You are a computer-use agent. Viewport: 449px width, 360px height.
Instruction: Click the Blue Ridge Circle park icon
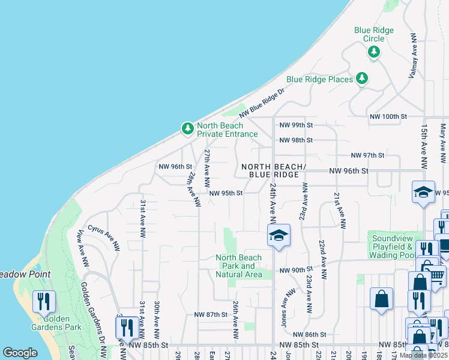pyautogui.click(x=374, y=52)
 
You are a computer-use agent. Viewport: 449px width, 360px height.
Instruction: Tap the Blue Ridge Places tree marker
pyautogui.click(x=361, y=79)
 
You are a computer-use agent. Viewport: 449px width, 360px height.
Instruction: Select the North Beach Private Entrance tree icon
pyautogui.click(x=188, y=128)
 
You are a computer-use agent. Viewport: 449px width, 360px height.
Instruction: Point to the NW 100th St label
pyautogui.click(x=388, y=116)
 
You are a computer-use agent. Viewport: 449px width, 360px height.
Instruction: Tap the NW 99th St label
pyautogui.click(x=296, y=125)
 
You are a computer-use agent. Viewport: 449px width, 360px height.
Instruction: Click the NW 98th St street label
pyautogui.click(x=296, y=140)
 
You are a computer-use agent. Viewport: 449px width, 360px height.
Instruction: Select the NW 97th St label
pyautogui.click(x=367, y=155)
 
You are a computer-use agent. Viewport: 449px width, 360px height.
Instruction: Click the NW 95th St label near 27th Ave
pyautogui.click(x=226, y=193)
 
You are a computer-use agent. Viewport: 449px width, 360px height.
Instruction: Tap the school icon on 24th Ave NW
pyautogui.click(x=279, y=235)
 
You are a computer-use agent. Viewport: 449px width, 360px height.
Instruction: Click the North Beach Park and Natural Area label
pyautogui.click(x=239, y=266)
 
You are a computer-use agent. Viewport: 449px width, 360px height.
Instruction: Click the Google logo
pyautogui.click(x=20, y=353)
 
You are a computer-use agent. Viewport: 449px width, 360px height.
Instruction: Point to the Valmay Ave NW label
pyautogui.click(x=414, y=48)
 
